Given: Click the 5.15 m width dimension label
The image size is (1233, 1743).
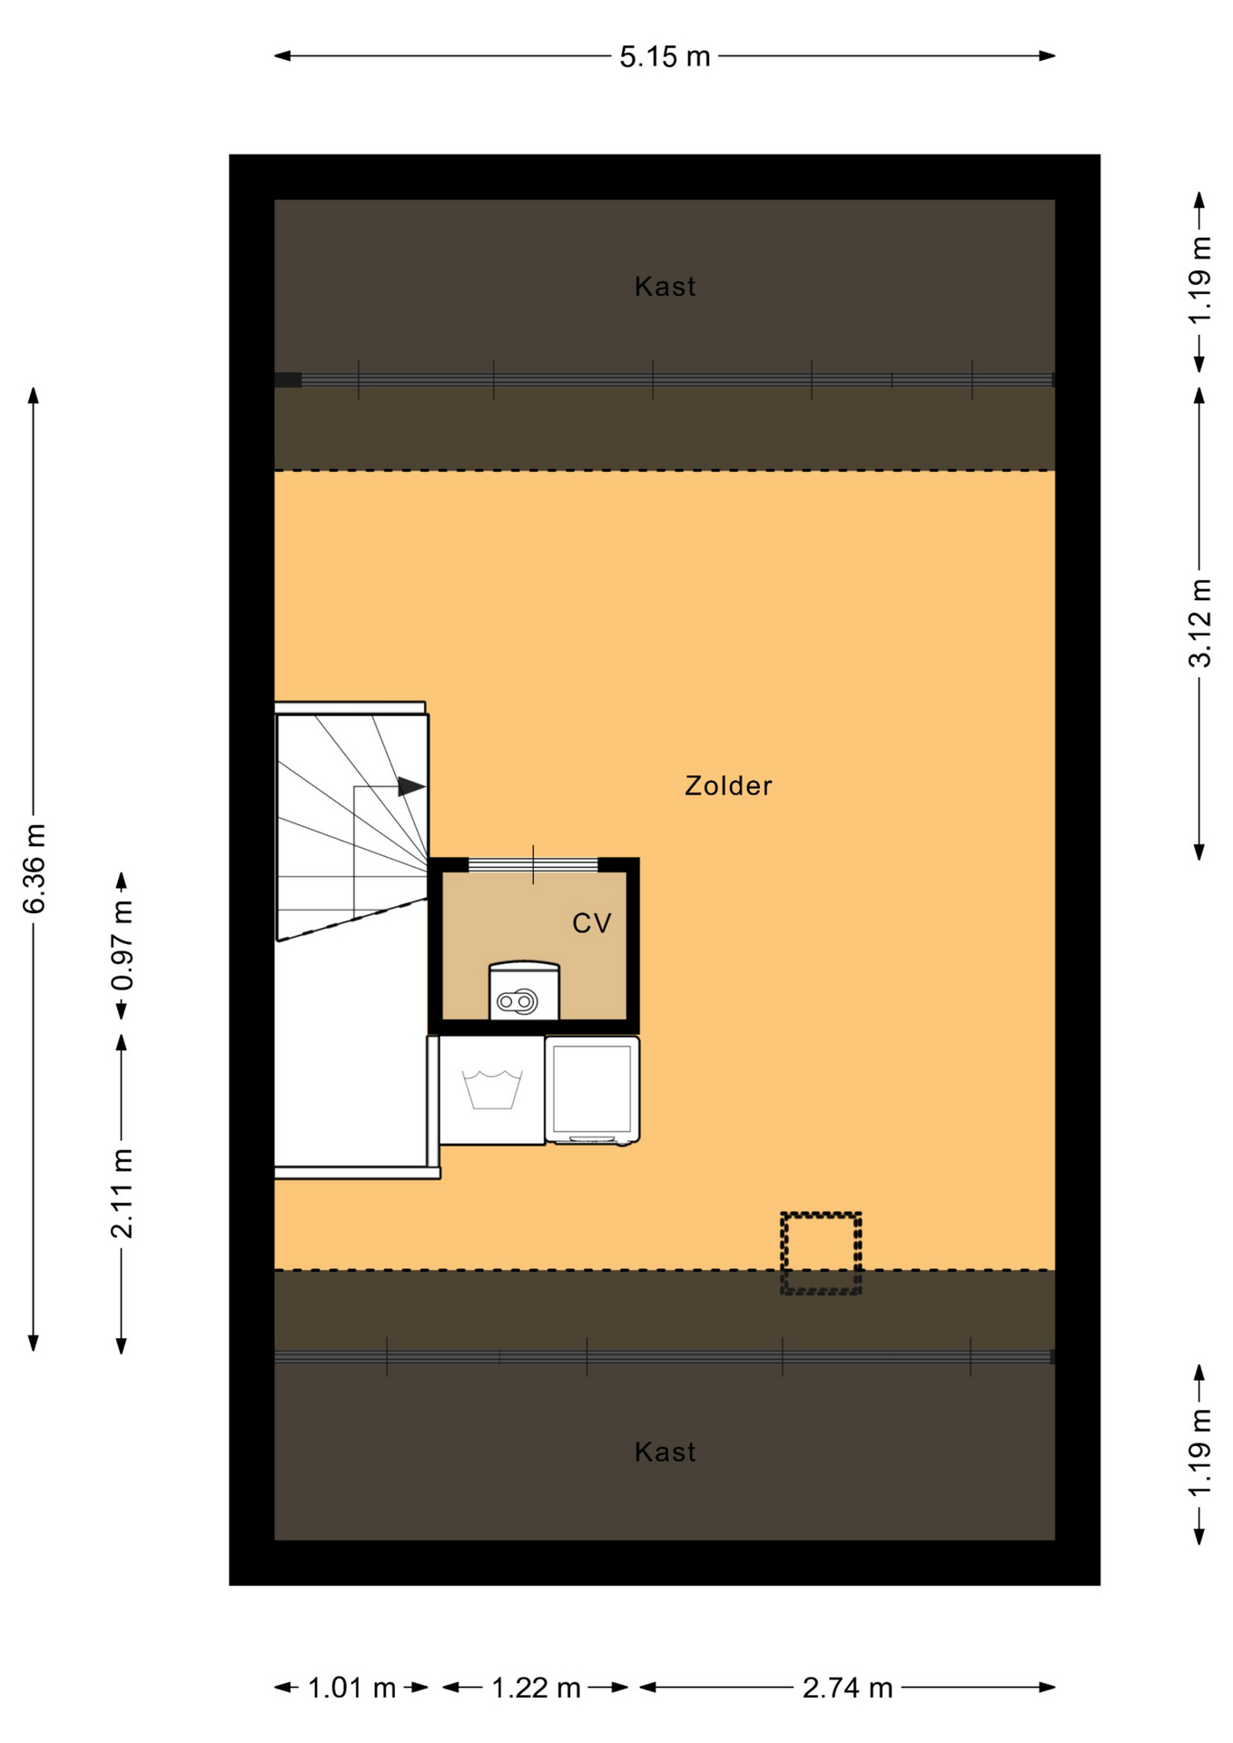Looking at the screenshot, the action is [665, 57].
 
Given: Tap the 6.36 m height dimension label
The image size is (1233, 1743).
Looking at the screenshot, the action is [34, 868].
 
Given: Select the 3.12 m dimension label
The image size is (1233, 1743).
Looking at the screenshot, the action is [1199, 623].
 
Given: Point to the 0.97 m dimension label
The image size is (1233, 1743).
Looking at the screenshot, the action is [122, 945].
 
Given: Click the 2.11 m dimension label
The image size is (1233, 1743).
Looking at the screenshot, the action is [122, 1193].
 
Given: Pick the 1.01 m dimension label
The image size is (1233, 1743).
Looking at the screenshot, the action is [351, 1689].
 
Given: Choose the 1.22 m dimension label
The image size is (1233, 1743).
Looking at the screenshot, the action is [536, 1689].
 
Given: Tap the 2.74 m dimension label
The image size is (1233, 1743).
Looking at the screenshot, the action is [847, 1689].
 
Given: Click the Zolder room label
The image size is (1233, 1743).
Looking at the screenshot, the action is [728, 786].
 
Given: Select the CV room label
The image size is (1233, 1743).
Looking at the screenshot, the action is [592, 924].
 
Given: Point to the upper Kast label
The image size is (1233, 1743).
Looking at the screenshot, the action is [666, 287].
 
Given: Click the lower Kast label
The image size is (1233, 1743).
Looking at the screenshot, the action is [666, 1452].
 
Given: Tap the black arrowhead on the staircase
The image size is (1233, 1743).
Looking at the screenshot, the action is [411, 786].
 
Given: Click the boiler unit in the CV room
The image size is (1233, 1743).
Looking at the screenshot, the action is [524, 990].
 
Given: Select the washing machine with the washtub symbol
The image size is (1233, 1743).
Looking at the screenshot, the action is [492, 1090].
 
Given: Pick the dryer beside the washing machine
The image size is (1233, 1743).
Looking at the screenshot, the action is [592, 1090].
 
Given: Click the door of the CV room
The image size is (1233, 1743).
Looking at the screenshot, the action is [533, 864].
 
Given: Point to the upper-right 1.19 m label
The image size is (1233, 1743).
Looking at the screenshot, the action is [1199, 281].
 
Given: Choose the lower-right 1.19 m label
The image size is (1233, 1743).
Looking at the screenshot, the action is [1199, 1453].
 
